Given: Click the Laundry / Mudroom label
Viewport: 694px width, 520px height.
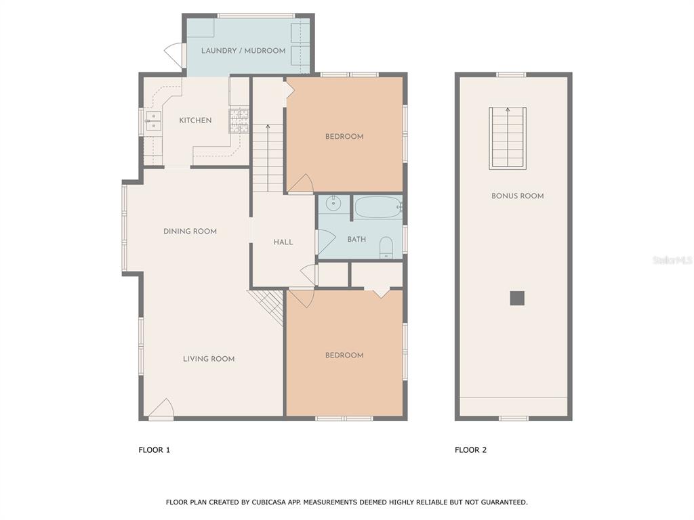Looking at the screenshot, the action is pyautogui.click(x=243, y=50).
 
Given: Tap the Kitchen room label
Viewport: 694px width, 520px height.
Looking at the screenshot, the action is pyautogui.click(x=195, y=121).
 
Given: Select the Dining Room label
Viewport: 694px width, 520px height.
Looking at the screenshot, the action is pyautogui.click(x=190, y=232).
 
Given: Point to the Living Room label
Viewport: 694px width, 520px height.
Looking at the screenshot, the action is pyautogui.click(x=209, y=359).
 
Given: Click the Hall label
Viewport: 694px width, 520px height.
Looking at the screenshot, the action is pyautogui.click(x=283, y=242).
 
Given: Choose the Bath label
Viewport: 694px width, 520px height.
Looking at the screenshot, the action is pyautogui.click(x=356, y=239).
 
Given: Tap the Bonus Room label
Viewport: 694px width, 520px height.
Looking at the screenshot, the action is pyautogui.click(x=517, y=196).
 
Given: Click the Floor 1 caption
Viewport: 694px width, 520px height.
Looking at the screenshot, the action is pyautogui.click(x=154, y=450).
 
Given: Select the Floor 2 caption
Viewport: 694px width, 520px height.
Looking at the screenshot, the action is pyautogui.click(x=470, y=450).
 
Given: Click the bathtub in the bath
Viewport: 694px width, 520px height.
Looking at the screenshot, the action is pyautogui.click(x=378, y=207).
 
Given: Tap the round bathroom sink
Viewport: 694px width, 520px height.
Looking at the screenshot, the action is pyautogui.click(x=332, y=204).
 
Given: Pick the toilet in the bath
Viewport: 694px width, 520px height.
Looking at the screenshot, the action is pyautogui.click(x=386, y=248).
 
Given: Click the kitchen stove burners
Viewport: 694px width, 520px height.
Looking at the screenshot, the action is pyautogui.click(x=239, y=121).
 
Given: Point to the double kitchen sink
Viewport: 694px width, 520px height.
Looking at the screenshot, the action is pyautogui.click(x=154, y=121).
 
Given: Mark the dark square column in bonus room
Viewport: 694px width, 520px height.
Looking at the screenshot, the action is pyautogui.click(x=517, y=298).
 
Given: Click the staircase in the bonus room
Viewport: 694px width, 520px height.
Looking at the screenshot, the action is pyautogui.click(x=508, y=138).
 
